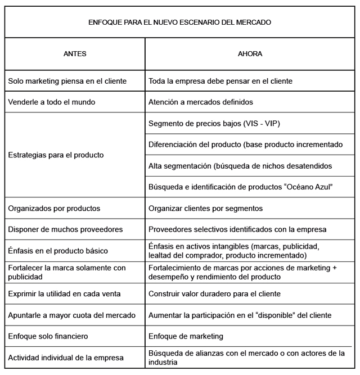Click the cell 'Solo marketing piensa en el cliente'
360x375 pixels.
click(67, 81)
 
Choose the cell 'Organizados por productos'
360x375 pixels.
click(54, 207)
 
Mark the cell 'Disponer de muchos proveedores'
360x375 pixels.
click(65, 229)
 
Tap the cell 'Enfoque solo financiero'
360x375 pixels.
click(48, 336)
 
